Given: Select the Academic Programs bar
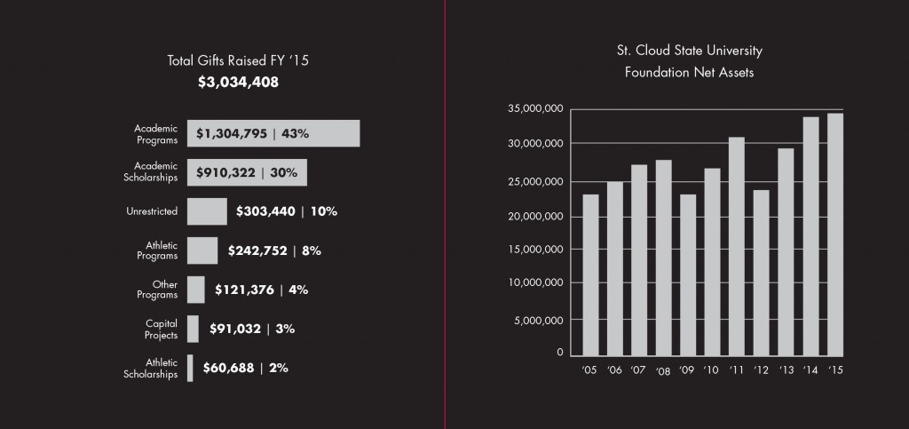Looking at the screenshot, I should click(x=273, y=134).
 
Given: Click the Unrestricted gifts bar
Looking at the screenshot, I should click(x=207, y=211).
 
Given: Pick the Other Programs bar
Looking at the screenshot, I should click(x=196, y=290).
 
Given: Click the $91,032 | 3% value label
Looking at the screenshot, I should click(x=252, y=329).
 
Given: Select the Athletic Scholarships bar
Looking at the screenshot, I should click(x=190, y=368).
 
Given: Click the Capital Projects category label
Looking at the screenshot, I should click(x=162, y=329).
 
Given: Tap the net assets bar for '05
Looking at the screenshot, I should click(x=590, y=275).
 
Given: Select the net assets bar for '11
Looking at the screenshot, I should click(x=737, y=247).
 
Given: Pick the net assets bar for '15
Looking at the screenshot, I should click(x=835, y=234).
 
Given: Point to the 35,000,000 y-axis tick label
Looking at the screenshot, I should click(x=535, y=109).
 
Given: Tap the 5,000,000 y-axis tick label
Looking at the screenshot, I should click(x=539, y=320).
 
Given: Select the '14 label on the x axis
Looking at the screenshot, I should click(x=810, y=369).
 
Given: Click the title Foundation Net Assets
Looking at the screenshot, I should click(x=689, y=73).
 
